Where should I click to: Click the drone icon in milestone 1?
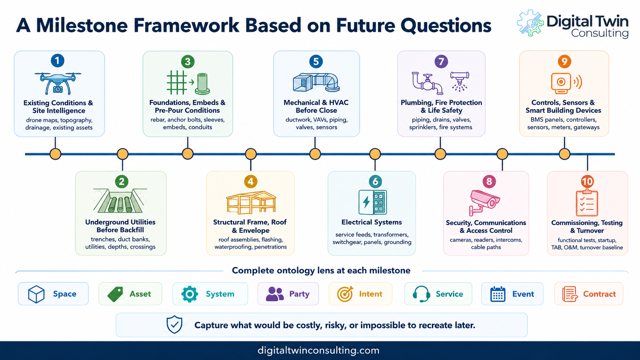58,83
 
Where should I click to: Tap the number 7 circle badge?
441,61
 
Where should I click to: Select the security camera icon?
484,202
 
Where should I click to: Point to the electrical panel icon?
372,202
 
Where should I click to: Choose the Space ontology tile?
53,294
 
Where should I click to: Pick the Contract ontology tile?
589,294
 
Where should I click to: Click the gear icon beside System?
189,294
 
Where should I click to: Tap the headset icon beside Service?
421,294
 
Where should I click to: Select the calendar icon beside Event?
498,294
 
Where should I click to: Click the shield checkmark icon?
174,324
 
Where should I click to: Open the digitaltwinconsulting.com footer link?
318,350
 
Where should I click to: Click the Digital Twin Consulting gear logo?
530,23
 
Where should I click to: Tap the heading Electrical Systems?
371,222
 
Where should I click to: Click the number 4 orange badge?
251,182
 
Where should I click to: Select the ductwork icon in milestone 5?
316,83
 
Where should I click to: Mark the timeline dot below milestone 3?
188,154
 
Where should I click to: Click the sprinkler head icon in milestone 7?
459,81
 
